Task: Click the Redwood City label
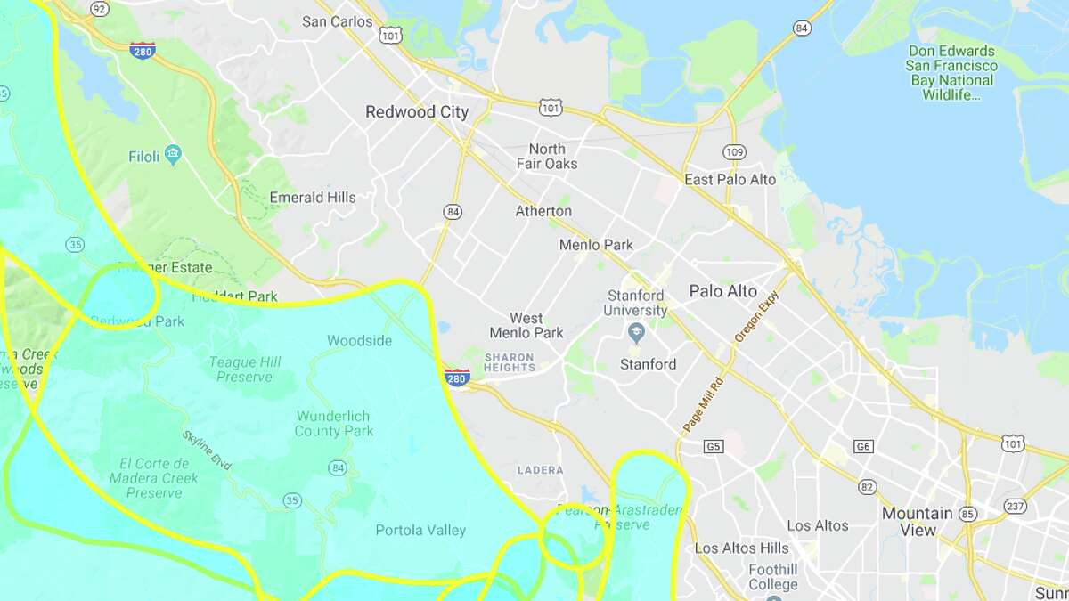tap(416, 112)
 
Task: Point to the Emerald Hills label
tap(313, 198)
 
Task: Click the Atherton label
tap(543, 211)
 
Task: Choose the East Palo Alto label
tap(730, 179)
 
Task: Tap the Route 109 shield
tap(734, 152)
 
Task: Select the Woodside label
tap(359, 340)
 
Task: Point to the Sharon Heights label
tap(510, 361)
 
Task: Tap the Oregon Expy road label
tap(756, 318)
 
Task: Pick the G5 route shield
tap(713, 445)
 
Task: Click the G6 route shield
tap(862, 445)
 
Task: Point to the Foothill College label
tap(773, 577)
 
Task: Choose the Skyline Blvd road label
tap(207, 450)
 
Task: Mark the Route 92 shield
tap(100, 9)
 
